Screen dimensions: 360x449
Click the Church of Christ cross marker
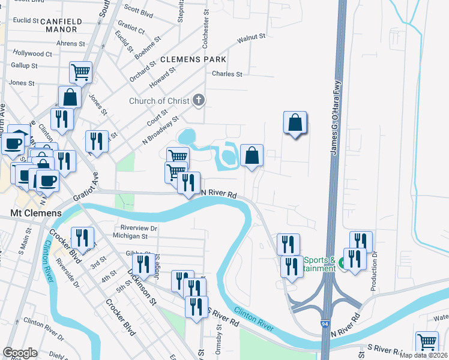click(199, 101)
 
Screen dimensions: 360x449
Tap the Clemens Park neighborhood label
click(193, 59)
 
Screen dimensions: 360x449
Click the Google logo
click(20, 353)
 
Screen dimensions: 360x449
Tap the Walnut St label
click(251, 37)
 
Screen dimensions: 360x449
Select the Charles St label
click(227, 74)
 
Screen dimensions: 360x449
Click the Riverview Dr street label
click(139, 228)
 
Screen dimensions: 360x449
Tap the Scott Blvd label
click(139, 10)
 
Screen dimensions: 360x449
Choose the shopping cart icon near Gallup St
click(80, 72)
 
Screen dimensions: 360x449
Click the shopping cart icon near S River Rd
click(426, 341)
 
